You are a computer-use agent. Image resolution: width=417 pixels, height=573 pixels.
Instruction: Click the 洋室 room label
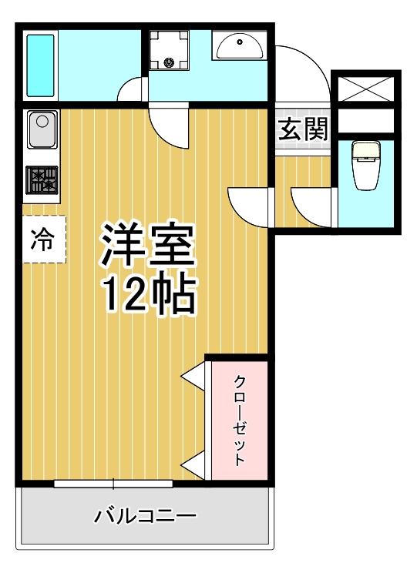[x=146, y=245]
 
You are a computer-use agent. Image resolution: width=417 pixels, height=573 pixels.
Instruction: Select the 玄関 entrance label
[x=302, y=129]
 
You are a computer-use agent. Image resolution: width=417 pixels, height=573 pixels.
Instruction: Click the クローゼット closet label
[x=240, y=420]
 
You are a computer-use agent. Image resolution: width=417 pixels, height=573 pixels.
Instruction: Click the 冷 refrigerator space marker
[x=43, y=240]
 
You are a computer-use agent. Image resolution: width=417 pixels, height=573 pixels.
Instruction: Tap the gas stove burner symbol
[x=42, y=180]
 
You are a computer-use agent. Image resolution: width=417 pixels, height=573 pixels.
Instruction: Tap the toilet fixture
[x=365, y=164]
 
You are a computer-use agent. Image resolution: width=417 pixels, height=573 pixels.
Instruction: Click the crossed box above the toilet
[x=367, y=88]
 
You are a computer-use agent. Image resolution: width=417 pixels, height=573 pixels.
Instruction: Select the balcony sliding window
[x=113, y=484]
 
